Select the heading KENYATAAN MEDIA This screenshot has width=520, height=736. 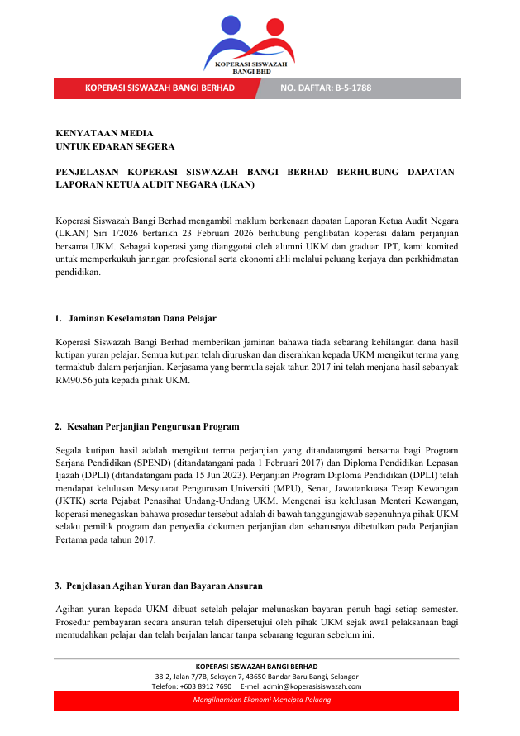[x=104, y=133]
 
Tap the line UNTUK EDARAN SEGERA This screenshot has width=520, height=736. [x=115, y=146]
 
